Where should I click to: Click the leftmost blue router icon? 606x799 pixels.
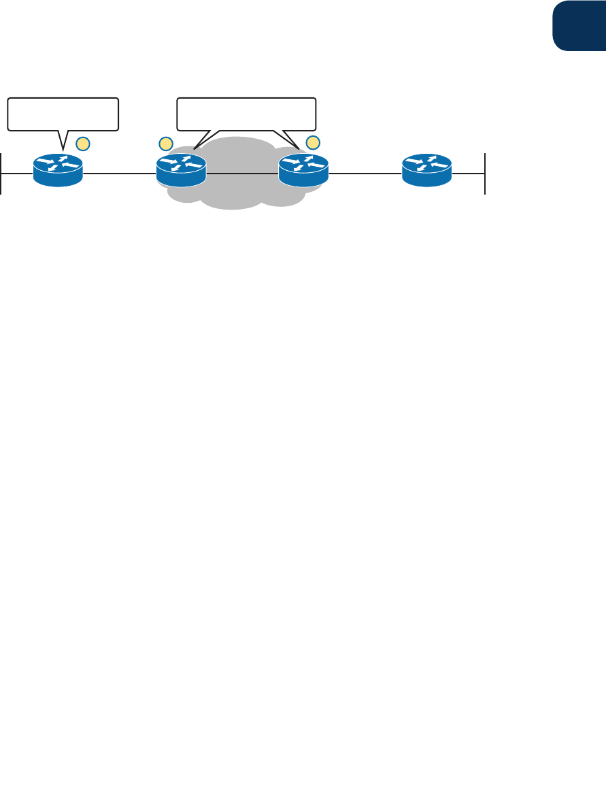(x=58, y=169)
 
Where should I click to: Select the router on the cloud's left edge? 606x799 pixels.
(x=180, y=169)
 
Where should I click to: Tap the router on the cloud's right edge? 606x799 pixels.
(x=303, y=169)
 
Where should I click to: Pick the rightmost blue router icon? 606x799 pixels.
(x=426, y=169)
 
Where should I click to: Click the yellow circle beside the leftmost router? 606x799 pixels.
(x=82, y=143)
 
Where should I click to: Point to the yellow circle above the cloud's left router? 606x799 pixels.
(x=165, y=143)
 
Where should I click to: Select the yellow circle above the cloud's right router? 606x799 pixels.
(x=313, y=142)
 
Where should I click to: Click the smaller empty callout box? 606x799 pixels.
(x=63, y=114)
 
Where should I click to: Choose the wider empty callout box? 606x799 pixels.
(x=246, y=114)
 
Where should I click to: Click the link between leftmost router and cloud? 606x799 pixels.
(x=119, y=174)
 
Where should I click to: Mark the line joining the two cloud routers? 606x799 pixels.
(x=241, y=174)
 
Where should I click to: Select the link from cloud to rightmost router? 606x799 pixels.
(x=365, y=174)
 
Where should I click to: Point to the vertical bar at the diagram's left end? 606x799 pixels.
(x=1, y=174)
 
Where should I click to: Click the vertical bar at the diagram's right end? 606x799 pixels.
(x=485, y=174)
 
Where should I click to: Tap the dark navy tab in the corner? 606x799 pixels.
(x=578, y=26)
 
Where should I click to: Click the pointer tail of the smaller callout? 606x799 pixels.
(x=63, y=139)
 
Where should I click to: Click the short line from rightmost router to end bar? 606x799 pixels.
(x=469, y=174)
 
